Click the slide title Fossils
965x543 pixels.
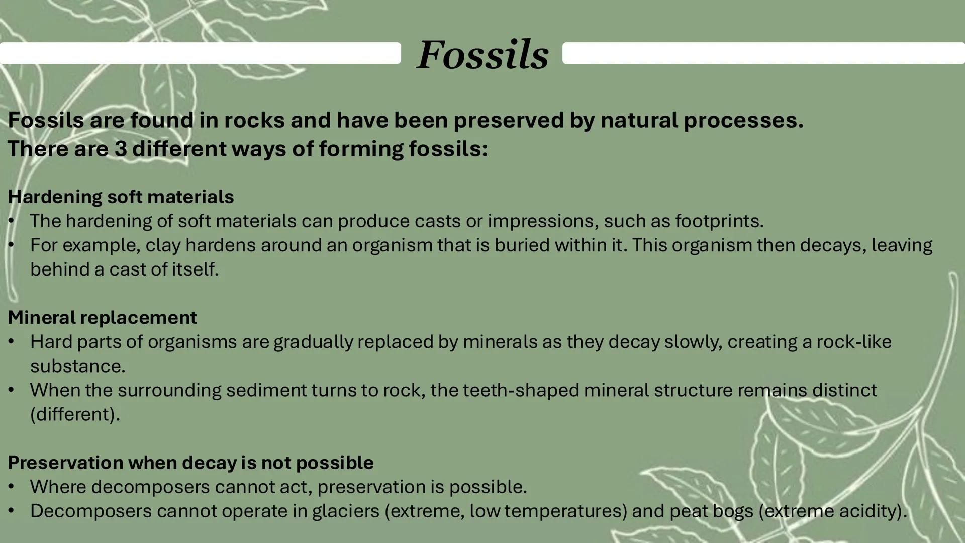point(482,54)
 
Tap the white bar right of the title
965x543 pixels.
point(763,53)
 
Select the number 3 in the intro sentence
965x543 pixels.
point(120,149)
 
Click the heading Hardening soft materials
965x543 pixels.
point(121,197)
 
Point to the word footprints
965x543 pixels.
point(719,221)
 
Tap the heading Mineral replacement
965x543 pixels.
point(102,317)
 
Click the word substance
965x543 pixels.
point(77,366)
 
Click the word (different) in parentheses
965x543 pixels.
point(74,414)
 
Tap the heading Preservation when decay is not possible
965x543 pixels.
point(190,463)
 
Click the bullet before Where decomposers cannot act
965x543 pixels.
point(12,487)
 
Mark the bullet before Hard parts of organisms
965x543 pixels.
point(12,342)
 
